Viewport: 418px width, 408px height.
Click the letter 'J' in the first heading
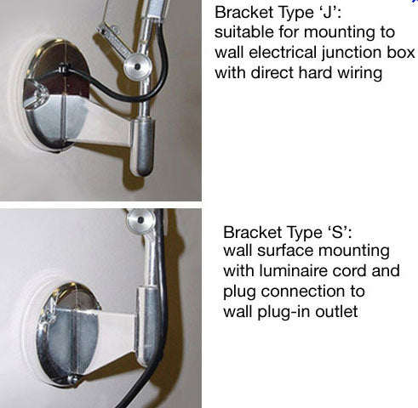click(327, 13)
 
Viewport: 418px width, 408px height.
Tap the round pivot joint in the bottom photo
click(140, 220)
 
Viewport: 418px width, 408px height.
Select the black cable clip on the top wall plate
click(63, 69)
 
